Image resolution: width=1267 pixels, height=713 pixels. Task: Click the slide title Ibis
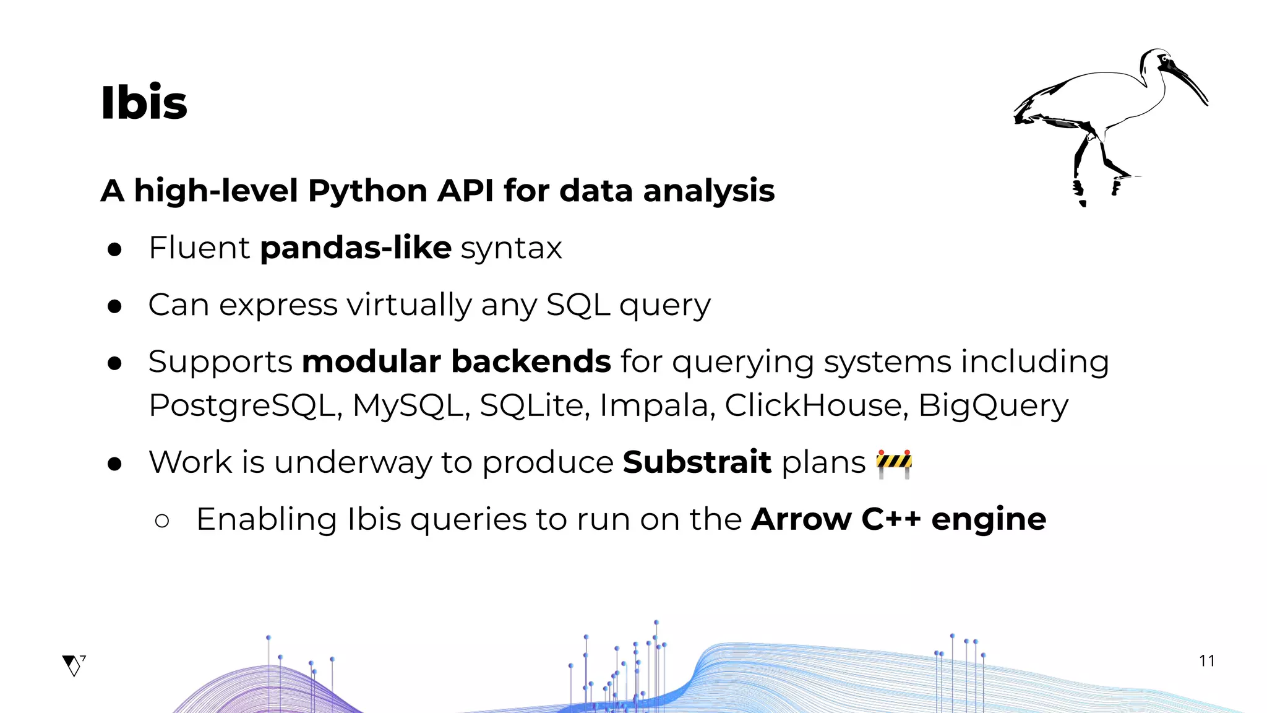(144, 103)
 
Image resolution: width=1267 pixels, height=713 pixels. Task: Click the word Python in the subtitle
(367, 191)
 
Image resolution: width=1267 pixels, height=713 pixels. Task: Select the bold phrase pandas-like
(356, 248)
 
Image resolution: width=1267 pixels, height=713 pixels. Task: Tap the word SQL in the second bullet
(578, 305)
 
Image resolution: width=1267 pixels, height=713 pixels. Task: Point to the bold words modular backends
(456, 361)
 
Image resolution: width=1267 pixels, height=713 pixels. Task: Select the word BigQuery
(993, 406)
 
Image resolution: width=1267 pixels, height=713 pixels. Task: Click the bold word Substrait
(697, 462)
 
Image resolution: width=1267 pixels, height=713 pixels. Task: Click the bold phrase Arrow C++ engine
(898, 519)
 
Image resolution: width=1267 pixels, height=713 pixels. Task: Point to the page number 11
(1206, 661)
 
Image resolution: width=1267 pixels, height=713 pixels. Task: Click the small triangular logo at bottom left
(73, 665)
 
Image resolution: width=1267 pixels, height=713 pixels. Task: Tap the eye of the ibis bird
(1164, 59)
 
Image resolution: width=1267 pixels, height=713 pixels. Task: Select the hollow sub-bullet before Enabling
(162, 521)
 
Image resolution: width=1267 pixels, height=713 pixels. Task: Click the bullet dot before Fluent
(114, 249)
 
